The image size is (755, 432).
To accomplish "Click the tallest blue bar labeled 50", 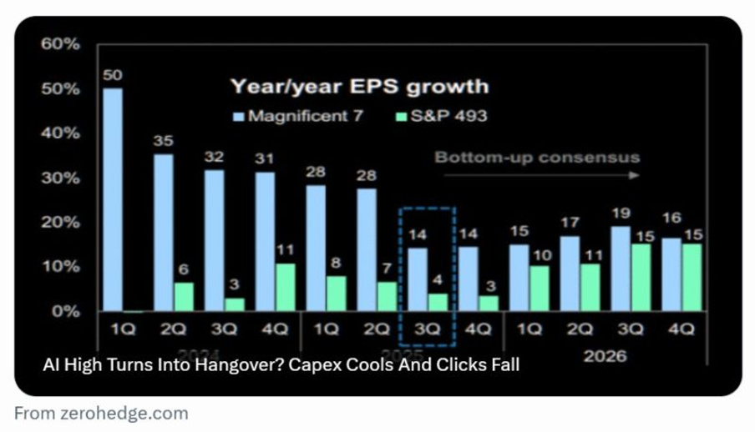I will (x=113, y=200).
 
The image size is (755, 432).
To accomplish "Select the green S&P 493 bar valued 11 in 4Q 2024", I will (x=286, y=288).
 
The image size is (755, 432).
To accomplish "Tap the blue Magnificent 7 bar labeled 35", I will (x=164, y=233).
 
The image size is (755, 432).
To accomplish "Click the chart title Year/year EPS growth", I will (x=359, y=87).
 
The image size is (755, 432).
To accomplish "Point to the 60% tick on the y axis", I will (x=60, y=44).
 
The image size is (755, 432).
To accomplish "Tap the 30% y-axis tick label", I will (x=60, y=178).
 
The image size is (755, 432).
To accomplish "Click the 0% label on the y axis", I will (x=64, y=311).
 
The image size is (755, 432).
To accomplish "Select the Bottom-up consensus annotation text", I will (x=537, y=157).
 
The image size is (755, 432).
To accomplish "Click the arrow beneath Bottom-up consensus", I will (x=541, y=175).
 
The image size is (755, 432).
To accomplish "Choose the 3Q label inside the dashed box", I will (x=427, y=329).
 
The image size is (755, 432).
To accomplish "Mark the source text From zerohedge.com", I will (x=101, y=413).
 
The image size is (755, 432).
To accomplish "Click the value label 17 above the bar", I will (x=570, y=223).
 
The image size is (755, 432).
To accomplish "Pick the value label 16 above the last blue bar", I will (x=672, y=218).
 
